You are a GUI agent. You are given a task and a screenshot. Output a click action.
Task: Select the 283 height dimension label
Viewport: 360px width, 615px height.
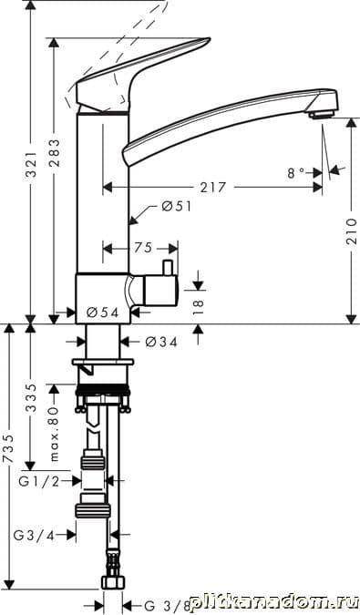(x=55, y=153)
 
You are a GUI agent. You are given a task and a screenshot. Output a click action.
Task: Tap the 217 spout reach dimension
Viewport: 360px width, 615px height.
(x=213, y=188)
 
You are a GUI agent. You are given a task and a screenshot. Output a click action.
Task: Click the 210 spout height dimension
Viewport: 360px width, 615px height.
(x=351, y=231)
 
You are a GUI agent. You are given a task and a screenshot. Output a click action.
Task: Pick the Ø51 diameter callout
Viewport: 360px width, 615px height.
(x=176, y=206)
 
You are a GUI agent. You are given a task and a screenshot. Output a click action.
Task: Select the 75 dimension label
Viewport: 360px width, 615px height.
(x=143, y=248)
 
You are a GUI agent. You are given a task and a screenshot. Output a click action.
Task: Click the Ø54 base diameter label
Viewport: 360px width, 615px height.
(x=102, y=313)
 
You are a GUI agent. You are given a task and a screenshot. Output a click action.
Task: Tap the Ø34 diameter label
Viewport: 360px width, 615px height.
(x=161, y=342)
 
